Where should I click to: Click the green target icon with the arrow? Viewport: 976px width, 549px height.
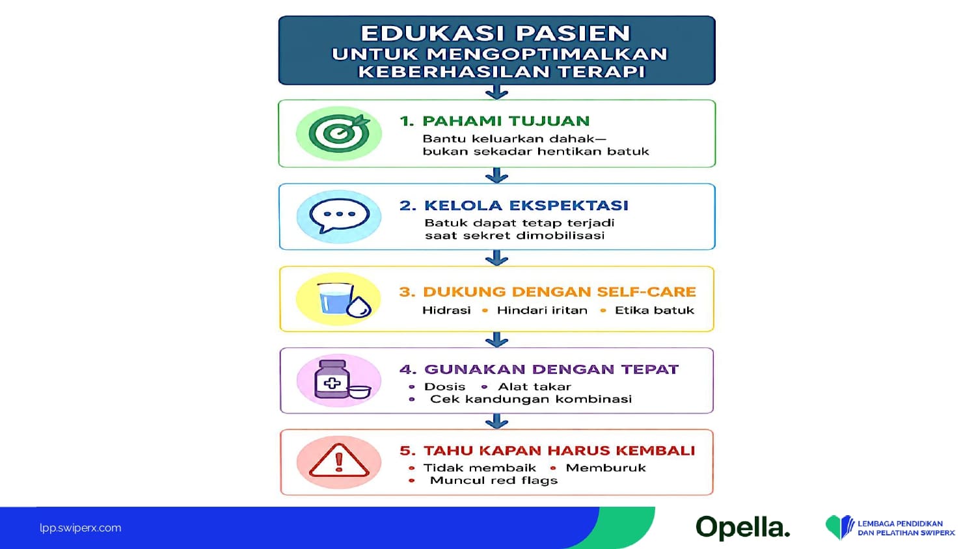pyautogui.click(x=339, y=133)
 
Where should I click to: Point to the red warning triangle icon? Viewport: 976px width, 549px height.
pyautogui.click(x=339, y=461)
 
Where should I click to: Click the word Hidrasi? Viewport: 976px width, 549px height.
pyautogui.click(x=446, y=310)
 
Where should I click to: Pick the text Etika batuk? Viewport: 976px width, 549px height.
pyautogui.click(x=654, y=310)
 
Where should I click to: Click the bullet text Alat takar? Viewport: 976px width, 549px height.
pyautogui.click(x=534, y=386)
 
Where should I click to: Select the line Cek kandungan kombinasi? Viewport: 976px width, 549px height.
pyautogui.click(x=531, y=399)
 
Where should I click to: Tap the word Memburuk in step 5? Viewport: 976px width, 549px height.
pyautogui.click(x=606, y=468)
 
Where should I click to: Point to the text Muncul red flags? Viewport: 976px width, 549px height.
pyautogui.click(x=494, y=481)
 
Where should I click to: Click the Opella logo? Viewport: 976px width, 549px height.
pyautogui.click(x=742, y=528)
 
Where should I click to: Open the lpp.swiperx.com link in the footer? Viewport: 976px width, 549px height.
pyautogui.click(x=80, y=528)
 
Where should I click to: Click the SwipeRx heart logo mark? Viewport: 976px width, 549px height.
pyautogui.click(x=839, y=528)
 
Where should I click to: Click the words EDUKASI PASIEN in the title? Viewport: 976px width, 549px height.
pyautogui.click(x=496, y=33)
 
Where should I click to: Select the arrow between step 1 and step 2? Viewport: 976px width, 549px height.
pyautogui.click(x=496, y=175)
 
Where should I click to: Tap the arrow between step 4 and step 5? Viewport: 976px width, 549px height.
pyautogui.click(x=496, y=422)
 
